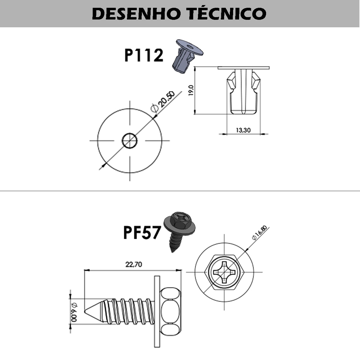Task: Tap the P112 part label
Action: pos(144,55)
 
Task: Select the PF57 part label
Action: pos(142,232)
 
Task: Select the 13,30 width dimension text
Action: pos(243,130)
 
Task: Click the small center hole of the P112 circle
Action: pos(130,140)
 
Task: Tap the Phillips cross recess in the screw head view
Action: pos(224,272)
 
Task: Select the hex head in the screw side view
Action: pos(170,311)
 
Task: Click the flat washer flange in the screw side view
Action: pos(157,311)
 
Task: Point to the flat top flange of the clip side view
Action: pos(244,68)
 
